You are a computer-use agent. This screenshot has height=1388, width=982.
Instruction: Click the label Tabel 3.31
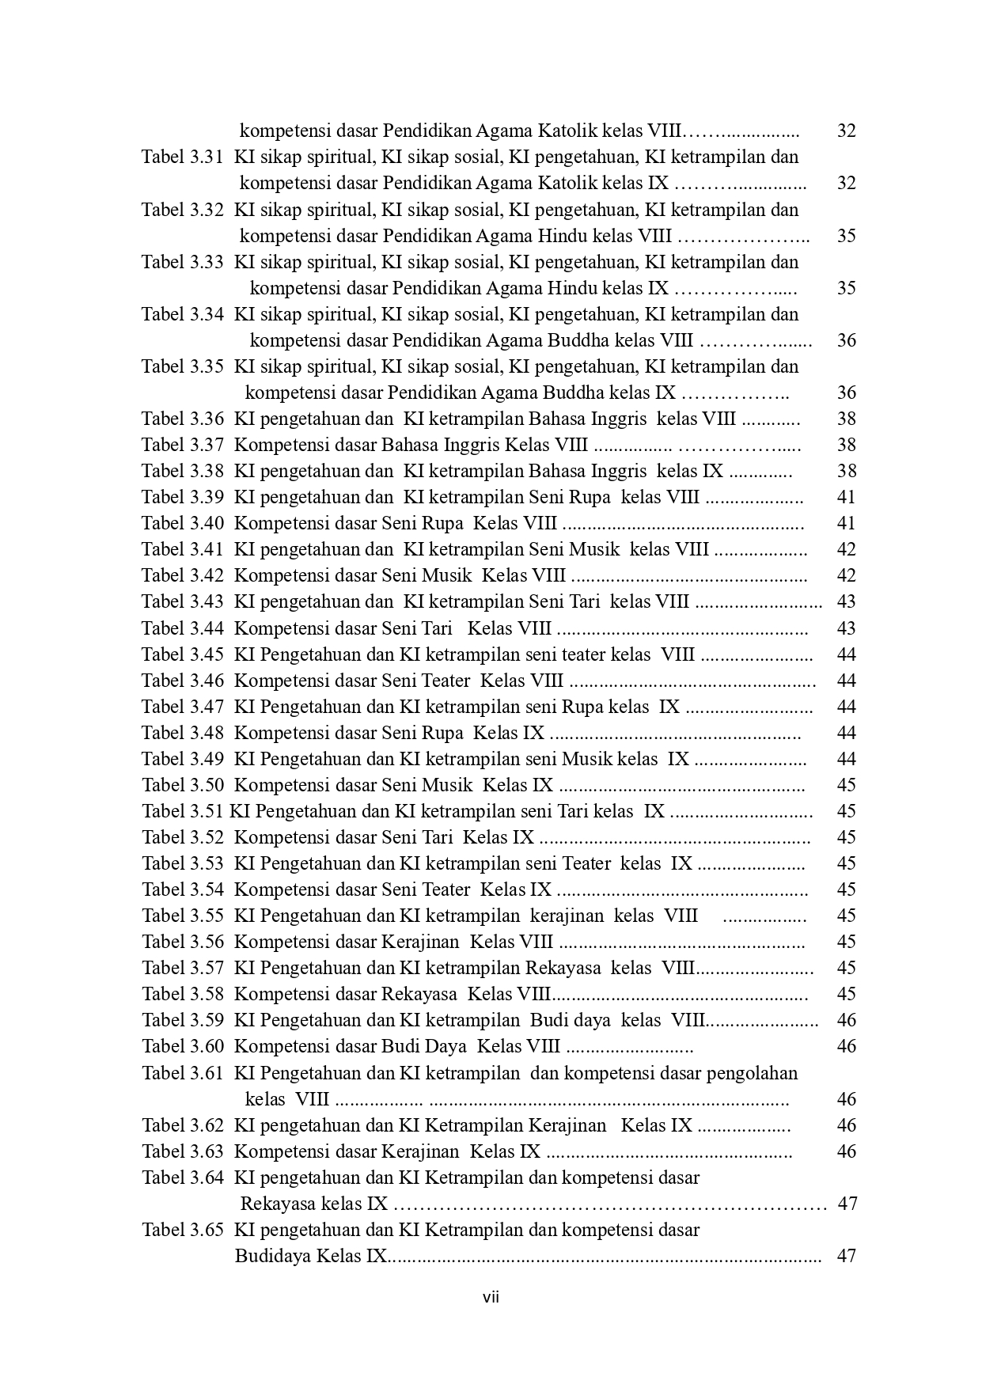click(183, 157)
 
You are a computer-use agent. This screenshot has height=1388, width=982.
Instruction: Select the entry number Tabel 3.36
click(183, 419)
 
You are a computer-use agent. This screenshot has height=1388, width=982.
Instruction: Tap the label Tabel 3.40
click(183, 523)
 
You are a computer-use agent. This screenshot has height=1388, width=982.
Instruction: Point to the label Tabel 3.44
click(183, 628)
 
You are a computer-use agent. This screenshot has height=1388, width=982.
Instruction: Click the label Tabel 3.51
click(183, 811)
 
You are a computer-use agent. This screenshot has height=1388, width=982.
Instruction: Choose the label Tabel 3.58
click(183, 994)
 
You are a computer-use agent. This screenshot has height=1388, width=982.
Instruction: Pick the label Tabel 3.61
click(183, 1073)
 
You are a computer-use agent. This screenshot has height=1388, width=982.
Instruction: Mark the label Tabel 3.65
click(183, 1230)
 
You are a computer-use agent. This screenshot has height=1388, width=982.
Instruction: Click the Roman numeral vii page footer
click(491, 1298)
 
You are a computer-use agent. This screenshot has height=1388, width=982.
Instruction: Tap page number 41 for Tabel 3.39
click(846, 497)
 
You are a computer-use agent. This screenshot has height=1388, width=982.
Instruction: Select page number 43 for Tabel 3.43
click(846, 601)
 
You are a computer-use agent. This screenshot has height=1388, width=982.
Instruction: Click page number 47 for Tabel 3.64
click(847, 1204)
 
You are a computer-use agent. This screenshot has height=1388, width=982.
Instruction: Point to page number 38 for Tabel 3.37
click(846, 445)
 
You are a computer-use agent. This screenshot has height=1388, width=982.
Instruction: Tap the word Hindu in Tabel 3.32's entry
click(567, 236)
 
